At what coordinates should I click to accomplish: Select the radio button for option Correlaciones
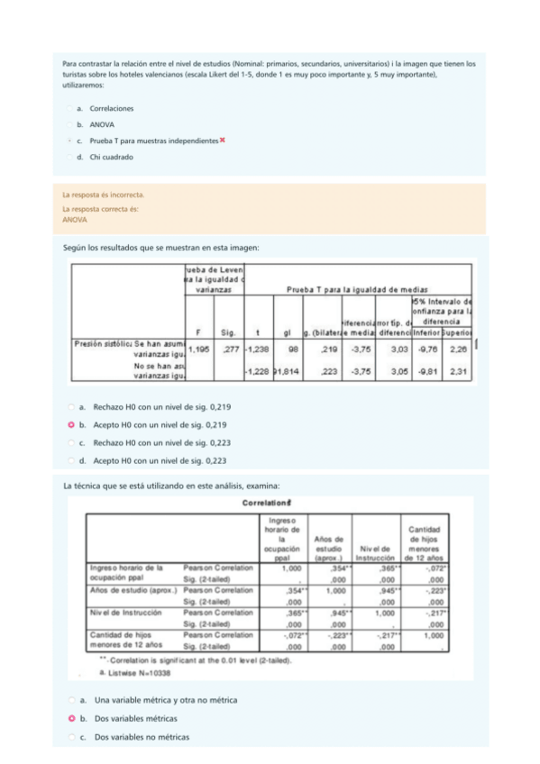pyautogui.click(x=70, y=108)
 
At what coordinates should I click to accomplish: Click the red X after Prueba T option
pyautogui.click(x=222, y=141)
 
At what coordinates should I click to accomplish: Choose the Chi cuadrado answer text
pyautogui.click(x=111, y=157)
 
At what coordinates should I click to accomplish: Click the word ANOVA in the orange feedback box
pyautogui.click(x=75, y=219)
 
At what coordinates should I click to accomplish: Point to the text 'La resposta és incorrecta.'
pyautogui.click(x=103, y=195)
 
